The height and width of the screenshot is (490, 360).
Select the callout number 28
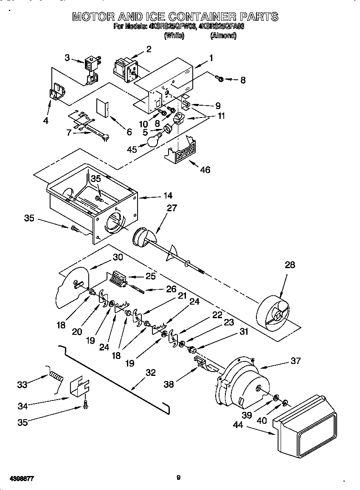(290, 265)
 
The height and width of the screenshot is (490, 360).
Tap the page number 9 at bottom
(179, 478)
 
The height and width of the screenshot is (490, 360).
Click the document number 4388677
(21, 479)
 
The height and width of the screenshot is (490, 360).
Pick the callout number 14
(168, 196)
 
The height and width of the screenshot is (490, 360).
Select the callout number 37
(295, 361)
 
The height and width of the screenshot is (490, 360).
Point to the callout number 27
(172, 208)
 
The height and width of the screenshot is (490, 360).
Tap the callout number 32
(150, 372)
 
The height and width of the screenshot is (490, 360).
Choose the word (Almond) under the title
(223, 36)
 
